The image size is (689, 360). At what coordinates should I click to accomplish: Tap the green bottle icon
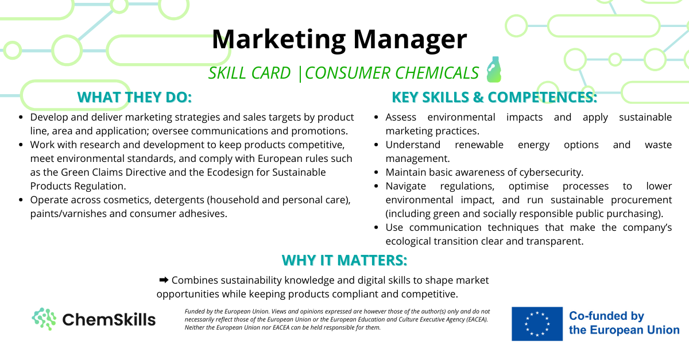494,69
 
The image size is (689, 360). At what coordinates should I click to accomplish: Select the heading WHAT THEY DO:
135,97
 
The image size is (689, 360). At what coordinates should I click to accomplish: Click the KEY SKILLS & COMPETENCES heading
494,97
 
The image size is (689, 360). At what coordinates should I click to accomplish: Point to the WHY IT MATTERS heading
344,260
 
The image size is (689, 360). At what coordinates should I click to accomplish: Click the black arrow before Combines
164,280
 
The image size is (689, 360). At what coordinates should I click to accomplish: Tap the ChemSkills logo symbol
44,319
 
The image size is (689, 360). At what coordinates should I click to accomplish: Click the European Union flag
537,324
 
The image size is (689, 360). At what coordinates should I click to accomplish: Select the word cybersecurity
551,172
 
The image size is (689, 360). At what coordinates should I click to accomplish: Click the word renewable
479,145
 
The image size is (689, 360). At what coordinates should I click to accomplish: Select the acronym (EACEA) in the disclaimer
477,319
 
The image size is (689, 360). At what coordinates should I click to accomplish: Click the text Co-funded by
606,316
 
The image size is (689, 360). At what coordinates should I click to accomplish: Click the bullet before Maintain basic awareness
376,172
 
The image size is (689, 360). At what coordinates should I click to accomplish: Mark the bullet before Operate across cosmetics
21,200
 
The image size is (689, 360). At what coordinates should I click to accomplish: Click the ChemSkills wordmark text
109,319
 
